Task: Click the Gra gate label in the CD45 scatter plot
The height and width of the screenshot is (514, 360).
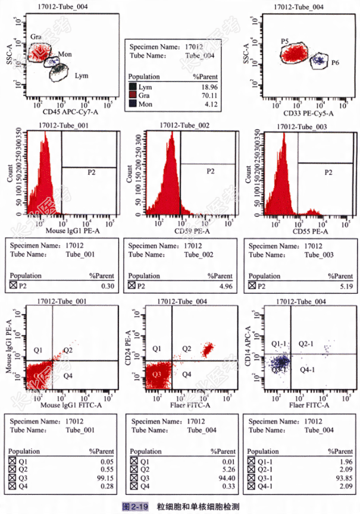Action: coord(36,37)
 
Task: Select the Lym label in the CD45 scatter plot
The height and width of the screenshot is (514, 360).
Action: coord(82,76)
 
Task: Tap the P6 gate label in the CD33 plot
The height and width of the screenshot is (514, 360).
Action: coord(336,62)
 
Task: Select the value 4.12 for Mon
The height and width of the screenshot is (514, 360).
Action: coord(207,104)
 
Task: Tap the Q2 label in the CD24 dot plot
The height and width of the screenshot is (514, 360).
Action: coord(186,349)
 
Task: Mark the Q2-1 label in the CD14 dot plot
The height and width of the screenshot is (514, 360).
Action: coord(306,344)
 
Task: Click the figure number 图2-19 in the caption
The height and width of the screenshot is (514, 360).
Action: coord(134,506)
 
